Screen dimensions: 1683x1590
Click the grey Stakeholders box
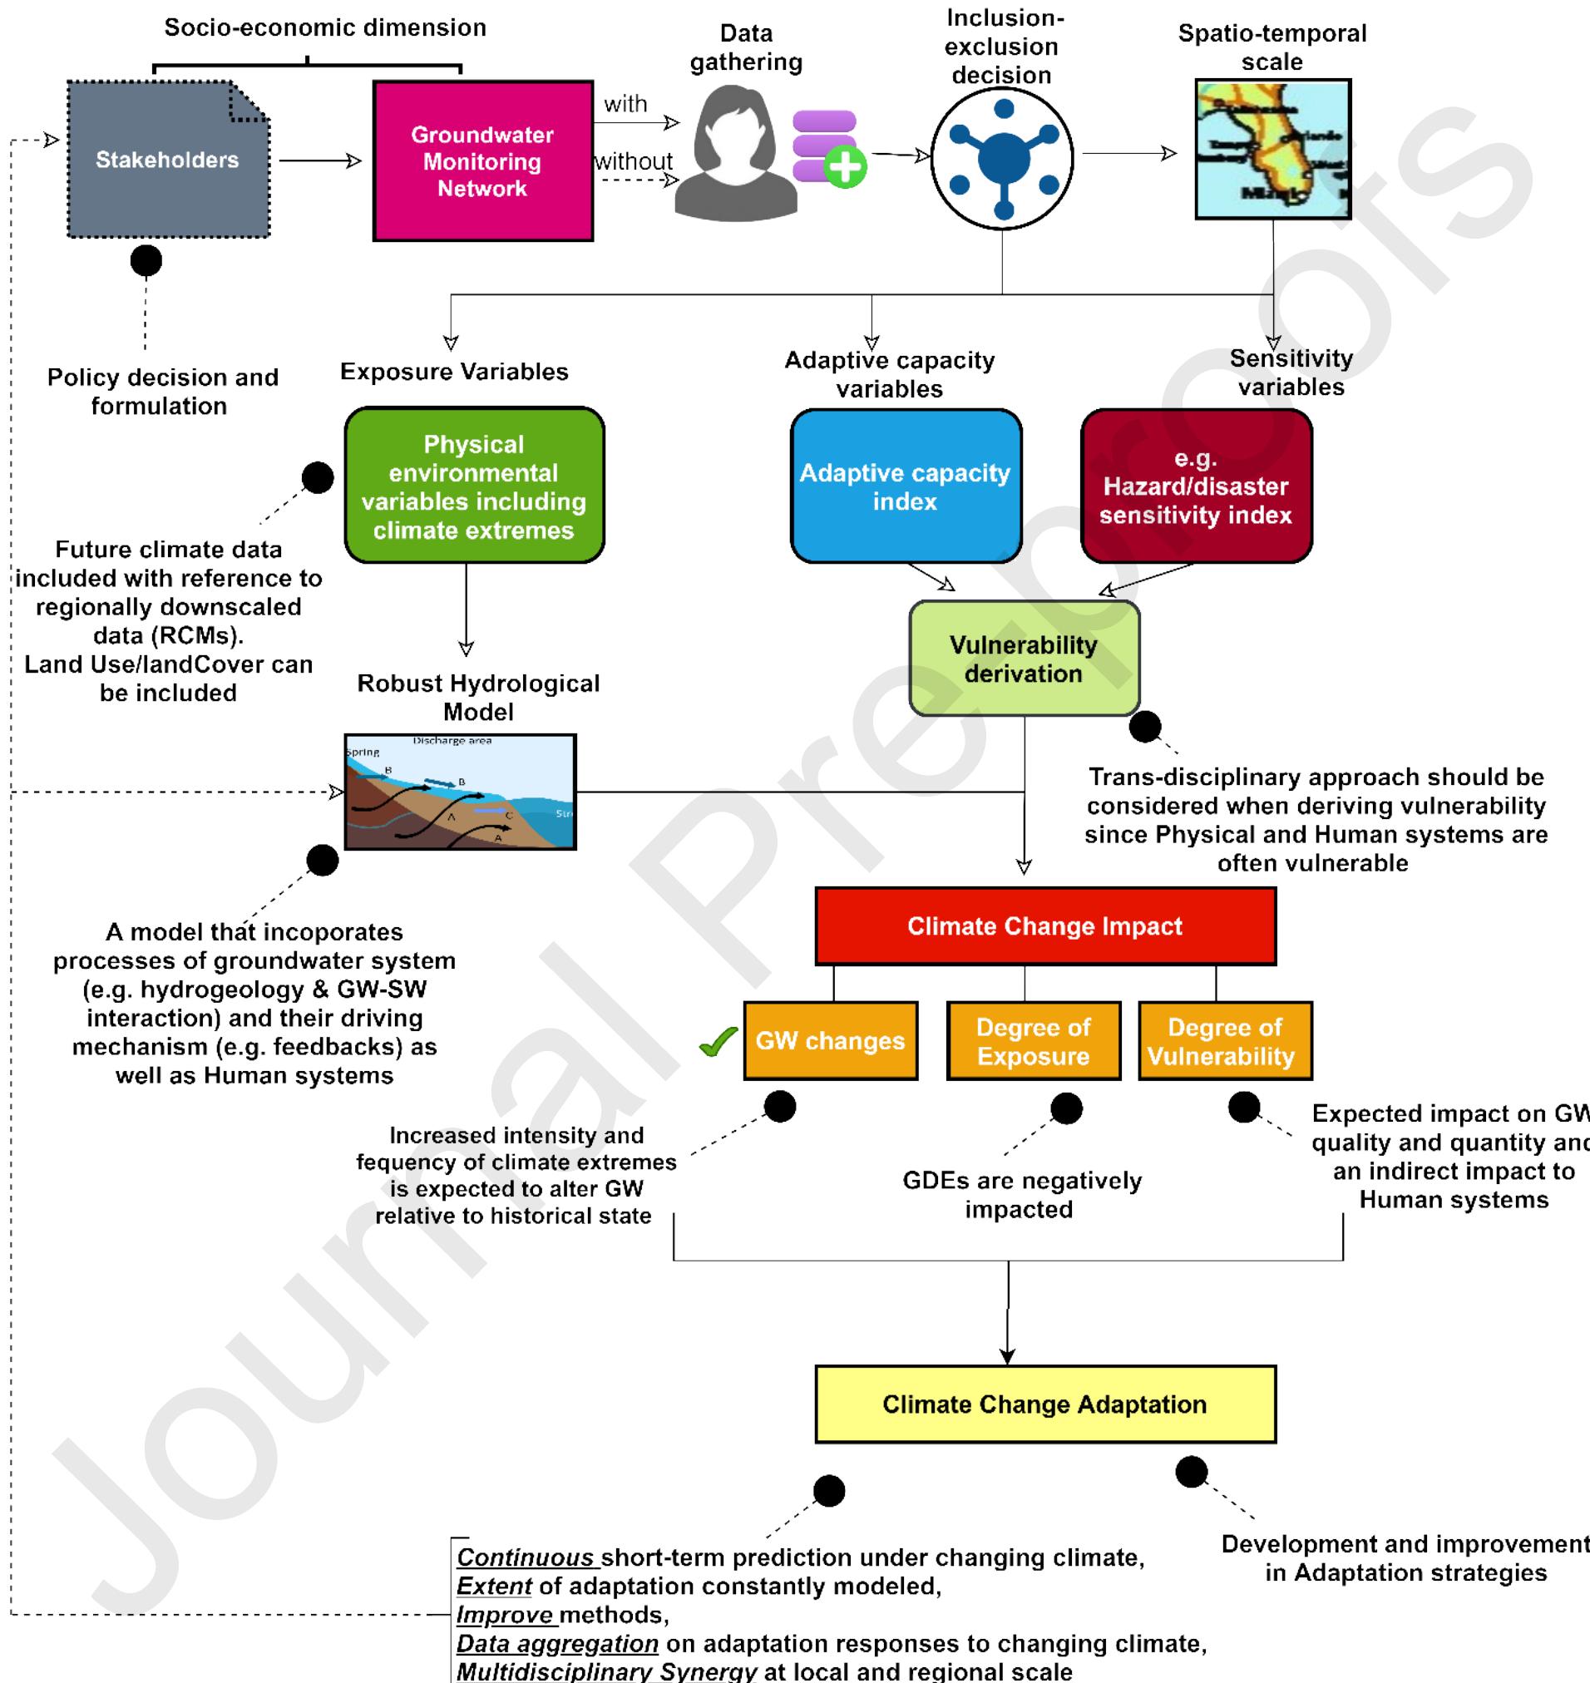[168, 160]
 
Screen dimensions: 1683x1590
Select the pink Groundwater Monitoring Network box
[482, 161]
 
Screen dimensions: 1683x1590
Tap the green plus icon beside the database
[844, 167]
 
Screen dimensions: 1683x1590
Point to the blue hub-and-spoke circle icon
[1003, 159]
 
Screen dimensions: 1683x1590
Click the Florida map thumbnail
[1272, 149]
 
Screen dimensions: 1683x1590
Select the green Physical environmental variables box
[474, 486]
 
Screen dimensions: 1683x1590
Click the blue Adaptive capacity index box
[905, 486]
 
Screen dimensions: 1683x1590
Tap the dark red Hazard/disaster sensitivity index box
[1195, 486]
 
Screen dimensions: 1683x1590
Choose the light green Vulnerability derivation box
[1024, 659]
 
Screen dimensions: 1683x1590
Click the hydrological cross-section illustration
[460, 792]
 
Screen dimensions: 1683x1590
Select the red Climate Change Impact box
[1044, 925]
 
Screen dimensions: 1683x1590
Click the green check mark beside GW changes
[718, 1042]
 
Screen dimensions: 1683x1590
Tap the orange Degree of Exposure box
[1033, 1040]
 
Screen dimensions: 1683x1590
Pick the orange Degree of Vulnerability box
[1224, 1040]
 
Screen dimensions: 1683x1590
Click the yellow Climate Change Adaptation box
[1044, 1404]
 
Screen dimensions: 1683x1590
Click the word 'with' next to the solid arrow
[625, 104]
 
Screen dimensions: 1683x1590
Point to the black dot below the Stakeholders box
[146, 260]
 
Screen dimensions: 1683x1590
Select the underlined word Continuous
[526, 1557]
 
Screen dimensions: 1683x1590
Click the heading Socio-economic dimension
[324, 27]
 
